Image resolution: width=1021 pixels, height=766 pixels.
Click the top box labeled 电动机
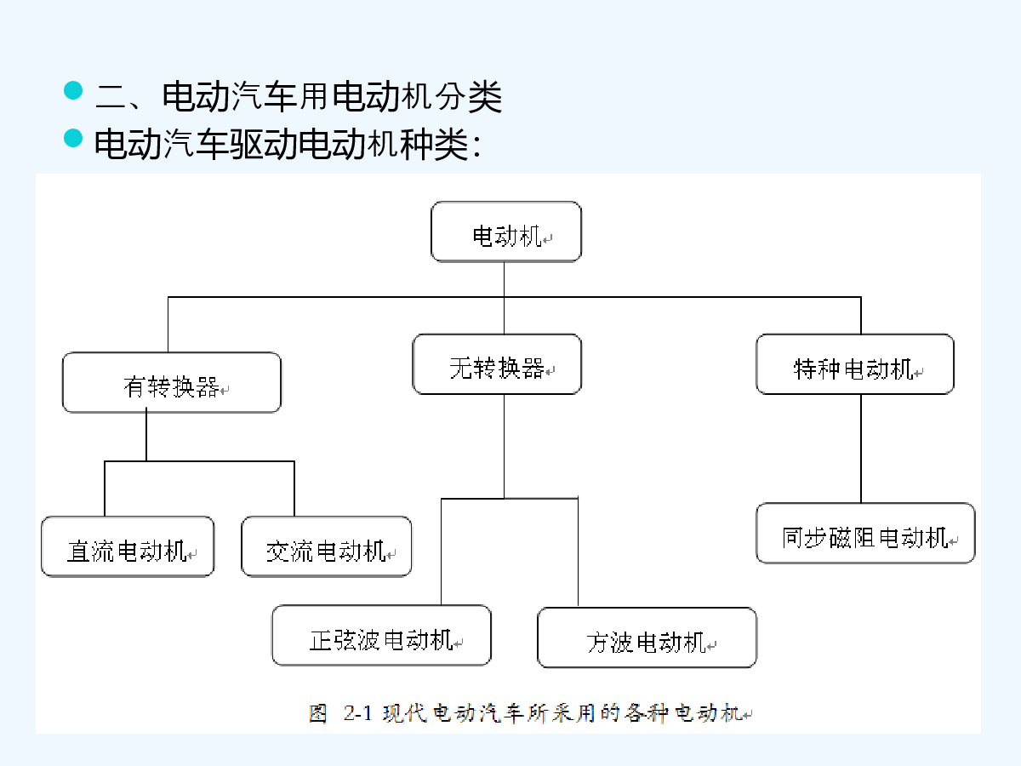click(506, 232)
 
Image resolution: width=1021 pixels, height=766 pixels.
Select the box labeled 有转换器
click(172, 382)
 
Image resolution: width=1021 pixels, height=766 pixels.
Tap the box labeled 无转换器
click(497, 364)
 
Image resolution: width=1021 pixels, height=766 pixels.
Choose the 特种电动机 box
click(855, 364)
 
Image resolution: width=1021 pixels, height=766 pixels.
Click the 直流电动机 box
click(128, 546)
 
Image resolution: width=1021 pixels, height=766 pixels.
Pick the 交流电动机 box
click(326, 546)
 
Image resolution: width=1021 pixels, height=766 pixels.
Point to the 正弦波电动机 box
click(381, 635)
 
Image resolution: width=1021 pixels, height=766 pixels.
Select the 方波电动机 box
click(647, 637)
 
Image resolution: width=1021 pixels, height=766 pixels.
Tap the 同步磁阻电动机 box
click(865, 533)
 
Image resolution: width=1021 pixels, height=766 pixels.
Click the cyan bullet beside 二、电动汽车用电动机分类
click(73, 90)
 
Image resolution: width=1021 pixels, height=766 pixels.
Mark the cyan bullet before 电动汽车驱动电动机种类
click(73, 138)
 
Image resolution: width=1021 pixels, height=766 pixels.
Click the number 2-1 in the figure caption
click(357, 713)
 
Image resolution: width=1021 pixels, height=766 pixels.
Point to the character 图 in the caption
click(318, 713)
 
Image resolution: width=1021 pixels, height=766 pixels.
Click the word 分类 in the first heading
click(469, 97)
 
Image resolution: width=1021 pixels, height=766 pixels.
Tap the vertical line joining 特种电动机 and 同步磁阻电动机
click(861, 449)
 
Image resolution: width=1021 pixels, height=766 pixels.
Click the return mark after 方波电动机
click(711, 645)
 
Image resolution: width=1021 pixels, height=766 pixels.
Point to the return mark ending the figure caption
click(747, 715)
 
